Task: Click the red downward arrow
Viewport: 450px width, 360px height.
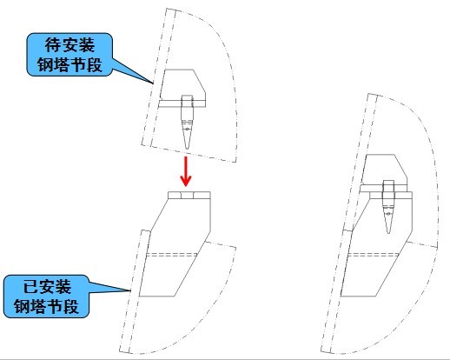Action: (186, 171)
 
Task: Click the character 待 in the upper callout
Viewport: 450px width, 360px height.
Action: (53, 45)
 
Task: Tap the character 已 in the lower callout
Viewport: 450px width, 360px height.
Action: (30, 287)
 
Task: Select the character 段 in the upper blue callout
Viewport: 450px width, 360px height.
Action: (95, 64)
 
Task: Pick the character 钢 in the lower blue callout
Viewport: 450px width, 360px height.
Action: (23, 306)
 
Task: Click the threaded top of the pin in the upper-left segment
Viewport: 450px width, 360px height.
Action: (187, 101)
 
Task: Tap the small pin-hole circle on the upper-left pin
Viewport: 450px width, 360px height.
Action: (187, 129)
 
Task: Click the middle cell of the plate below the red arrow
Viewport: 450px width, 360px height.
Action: (188, 195)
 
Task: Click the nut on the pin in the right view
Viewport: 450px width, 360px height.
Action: (388, 186)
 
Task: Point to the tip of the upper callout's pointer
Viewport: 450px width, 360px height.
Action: (153, 83)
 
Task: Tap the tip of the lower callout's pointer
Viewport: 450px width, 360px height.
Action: (129, 290)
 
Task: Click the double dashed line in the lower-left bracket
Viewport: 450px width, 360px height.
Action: (172, 255)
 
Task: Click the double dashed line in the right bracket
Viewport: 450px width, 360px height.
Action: (373, 255)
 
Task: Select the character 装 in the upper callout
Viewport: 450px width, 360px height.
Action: (86, 45)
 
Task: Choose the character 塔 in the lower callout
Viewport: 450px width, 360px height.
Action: (39, 306)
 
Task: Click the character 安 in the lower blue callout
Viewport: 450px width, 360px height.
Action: (47, 287)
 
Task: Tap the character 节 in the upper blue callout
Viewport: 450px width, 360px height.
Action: (78, 64)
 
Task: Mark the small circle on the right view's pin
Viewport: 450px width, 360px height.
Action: (388, 215)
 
